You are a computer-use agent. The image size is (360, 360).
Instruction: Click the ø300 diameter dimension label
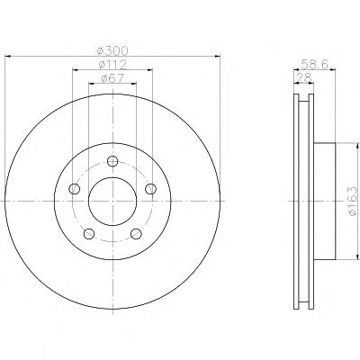(x=112, y=50)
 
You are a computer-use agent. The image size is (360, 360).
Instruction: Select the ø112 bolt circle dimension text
(x=112, y=65)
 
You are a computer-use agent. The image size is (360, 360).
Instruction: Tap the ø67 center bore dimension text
(x=112, y=78)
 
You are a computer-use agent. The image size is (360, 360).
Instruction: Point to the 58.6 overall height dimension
(x=314, y=64)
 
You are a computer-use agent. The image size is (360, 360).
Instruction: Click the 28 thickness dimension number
(x=303, y=77)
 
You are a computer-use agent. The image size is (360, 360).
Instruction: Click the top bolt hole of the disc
(x=112, y=161)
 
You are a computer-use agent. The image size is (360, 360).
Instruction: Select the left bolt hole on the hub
(x=74, y=189)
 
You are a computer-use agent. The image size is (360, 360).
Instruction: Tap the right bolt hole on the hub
(x=151, y=189)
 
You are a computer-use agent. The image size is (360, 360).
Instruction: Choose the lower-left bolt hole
(x=89, y=234)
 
